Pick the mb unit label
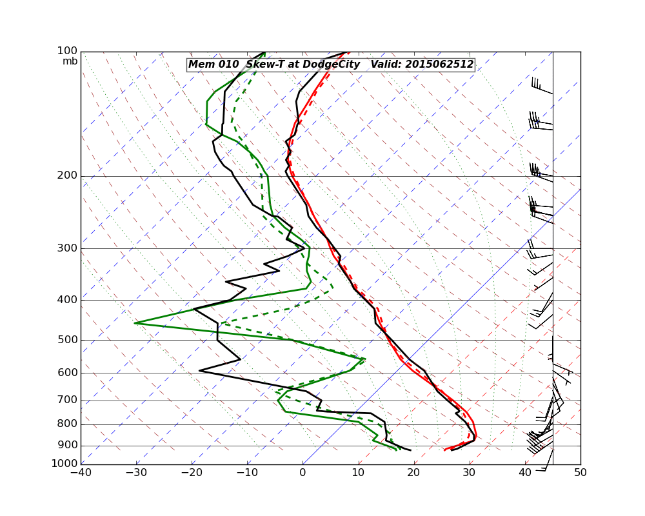click(70, 61)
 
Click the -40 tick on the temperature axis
click(81, 473)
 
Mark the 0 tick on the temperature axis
click(303, 473)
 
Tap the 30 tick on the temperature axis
click(470, 473)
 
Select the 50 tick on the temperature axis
click(580, 473)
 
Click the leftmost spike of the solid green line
click(135, 322)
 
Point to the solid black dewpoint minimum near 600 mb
click(199, 371)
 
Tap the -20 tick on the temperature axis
click(192, 473)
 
